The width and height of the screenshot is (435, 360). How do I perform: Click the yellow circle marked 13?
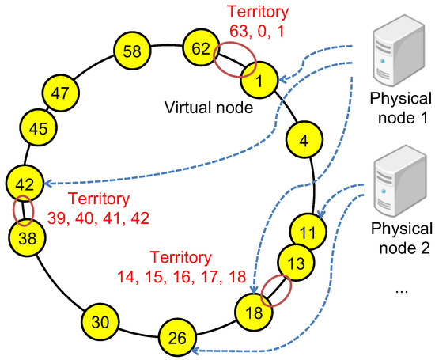click(294, 262)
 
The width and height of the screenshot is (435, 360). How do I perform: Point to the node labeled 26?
click(177, 338)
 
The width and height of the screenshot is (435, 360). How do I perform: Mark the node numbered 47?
click(61, 93)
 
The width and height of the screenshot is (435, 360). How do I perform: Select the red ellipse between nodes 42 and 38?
click(24, 210)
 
